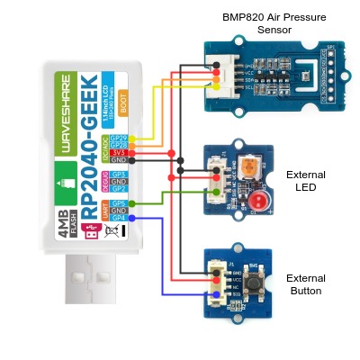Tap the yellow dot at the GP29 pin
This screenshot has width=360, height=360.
133,138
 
